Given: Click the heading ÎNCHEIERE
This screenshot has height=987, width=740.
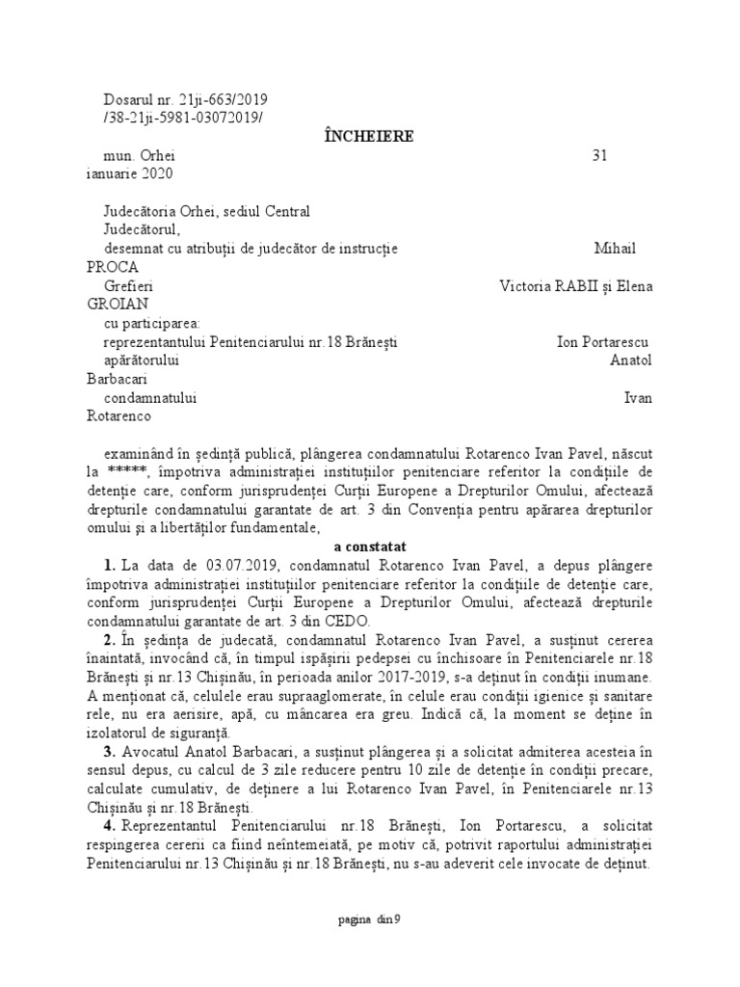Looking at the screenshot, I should point(369,136).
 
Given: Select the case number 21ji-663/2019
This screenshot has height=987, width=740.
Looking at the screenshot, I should point(224,99).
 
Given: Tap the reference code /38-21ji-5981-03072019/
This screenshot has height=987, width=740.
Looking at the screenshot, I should point(182,118).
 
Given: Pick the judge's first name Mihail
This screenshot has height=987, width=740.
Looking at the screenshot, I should point(615,249).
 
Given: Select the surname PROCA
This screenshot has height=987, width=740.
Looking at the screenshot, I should point(111,267).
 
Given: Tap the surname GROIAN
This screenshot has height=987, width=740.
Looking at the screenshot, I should point(113,305).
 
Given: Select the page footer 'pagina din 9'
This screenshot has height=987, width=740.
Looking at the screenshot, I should point(369,919).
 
